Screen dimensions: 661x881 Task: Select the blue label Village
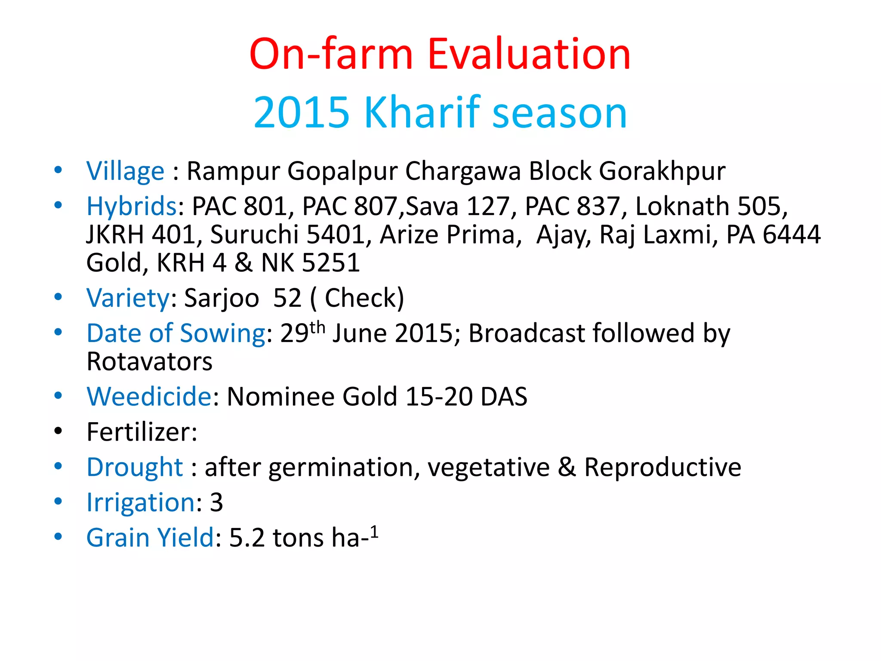tap(125, 171)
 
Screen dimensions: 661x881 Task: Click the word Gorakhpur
tap(662, 171)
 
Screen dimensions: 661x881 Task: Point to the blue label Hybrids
tap(131, 207)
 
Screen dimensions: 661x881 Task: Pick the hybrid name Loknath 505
tap(711, 207)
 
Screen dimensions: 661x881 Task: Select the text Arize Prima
tap(447, 235)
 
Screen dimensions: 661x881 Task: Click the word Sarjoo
tap(222, 298)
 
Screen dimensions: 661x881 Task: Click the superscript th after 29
tap(317, 328)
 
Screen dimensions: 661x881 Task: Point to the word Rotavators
tap(149, 361)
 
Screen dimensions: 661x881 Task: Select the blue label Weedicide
tap(149, 396)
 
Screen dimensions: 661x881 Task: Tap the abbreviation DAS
tap(504, 396)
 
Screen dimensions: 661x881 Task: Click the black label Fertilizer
tap(142, 432)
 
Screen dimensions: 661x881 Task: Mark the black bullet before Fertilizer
tap(59, 431)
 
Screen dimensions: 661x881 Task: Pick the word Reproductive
tap(662, 467)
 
